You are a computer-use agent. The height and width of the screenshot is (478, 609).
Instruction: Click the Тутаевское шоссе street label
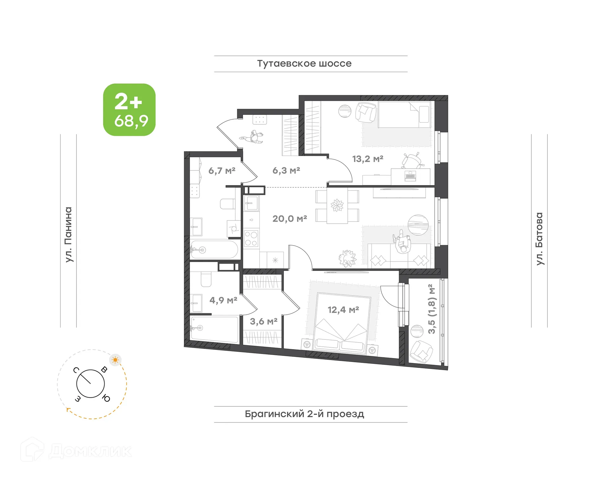tap(304, 63)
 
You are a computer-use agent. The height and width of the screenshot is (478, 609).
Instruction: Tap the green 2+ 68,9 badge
tap(129, 110)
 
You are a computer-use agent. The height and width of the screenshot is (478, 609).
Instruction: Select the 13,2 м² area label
tap(368, 159)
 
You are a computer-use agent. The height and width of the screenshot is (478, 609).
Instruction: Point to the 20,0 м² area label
tap(290, 219)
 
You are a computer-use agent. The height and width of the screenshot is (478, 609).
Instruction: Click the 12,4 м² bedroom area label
tap(343, 310)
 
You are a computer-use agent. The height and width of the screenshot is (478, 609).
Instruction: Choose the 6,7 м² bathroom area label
tap(222, 171)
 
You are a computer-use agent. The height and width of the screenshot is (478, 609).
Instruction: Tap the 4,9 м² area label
tap(223, 300)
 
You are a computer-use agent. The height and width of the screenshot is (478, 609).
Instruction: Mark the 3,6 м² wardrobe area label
tap(264, 321)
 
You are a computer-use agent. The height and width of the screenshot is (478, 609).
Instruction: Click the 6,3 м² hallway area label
tap(286, 170)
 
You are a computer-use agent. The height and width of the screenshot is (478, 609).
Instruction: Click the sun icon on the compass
tap(115, 360)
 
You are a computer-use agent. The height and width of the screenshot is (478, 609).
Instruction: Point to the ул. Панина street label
tap(69, 235)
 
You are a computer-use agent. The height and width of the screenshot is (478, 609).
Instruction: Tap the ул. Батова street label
tap(539, 239)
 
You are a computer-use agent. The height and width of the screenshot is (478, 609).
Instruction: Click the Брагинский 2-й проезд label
tap(304, 414)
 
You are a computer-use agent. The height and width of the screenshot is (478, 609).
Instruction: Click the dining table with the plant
tap(337, 206)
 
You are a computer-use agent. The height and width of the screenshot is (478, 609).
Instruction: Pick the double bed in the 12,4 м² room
tap(342, 324)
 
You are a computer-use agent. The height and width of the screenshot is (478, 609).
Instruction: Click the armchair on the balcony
tap(421, 352)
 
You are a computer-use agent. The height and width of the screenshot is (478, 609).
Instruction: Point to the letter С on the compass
tap(76, 370)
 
